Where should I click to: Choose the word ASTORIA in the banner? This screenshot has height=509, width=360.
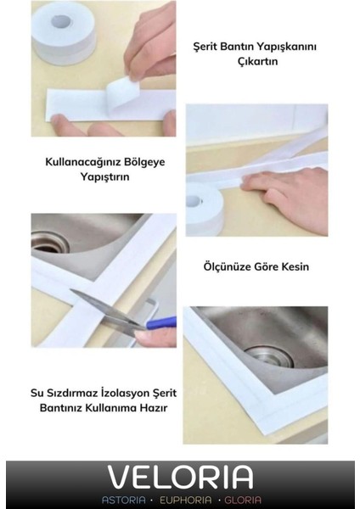(124, 500)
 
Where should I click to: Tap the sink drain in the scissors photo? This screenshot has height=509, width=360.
(49, 243)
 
